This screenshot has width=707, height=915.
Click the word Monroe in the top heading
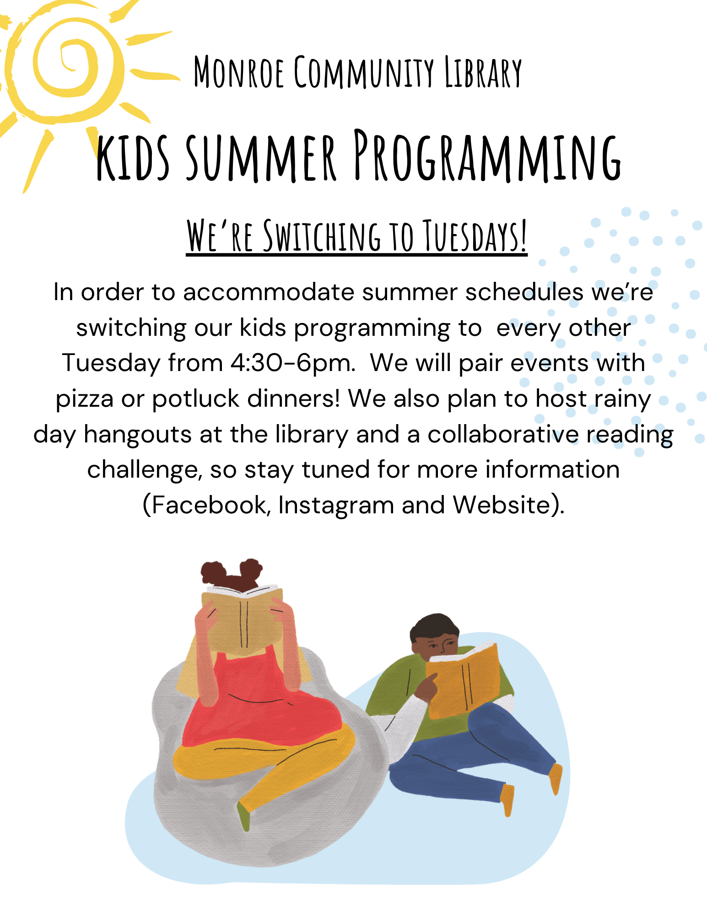click(x=238, y=72)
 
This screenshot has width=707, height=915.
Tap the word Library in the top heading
click(x=483, y=72)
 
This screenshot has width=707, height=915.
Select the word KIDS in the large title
click(x=133, y=156)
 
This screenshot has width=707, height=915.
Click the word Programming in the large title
click(x=487, y=156)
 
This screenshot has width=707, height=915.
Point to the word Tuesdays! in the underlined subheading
click(x=475, y=236)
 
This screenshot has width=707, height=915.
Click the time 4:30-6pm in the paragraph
click(x=293, y=363)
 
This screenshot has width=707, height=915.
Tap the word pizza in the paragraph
click(x=84, y=399)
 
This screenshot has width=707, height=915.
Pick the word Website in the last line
click(x=502, y=505)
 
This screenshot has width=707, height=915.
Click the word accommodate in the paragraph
click(x=269, y=292)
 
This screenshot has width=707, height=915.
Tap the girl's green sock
click(x=244, y=817)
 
